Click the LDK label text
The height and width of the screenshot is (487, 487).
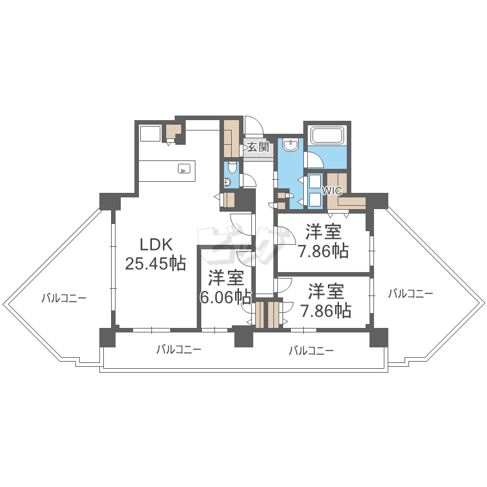pos(156,245)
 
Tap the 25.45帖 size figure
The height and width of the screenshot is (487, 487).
pos(156,264)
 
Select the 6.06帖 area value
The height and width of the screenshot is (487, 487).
pos(225,297)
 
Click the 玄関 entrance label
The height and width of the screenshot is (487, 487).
pos(258,147)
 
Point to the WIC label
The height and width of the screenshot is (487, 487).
pos(332,191)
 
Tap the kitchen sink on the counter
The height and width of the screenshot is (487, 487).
pos(184,169)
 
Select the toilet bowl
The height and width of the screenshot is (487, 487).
pos(228,182)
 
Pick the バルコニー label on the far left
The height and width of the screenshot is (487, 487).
pos(64,298)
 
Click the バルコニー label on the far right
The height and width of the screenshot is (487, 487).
pos(410,293)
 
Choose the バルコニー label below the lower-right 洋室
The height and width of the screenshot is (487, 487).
pos(311,351)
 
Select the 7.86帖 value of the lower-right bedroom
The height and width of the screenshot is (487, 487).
pos(325,310)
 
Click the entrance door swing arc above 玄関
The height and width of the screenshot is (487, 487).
pos(254,125)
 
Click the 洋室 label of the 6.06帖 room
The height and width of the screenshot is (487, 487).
pos(225,279)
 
